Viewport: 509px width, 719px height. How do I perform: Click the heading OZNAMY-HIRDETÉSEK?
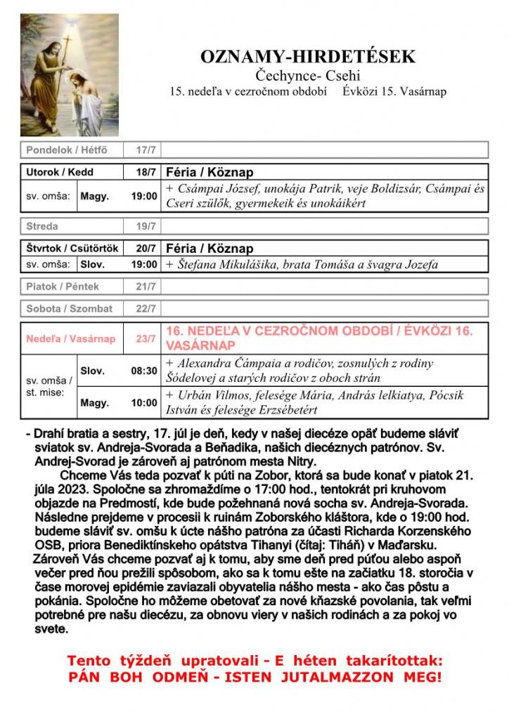[x=308, y=57]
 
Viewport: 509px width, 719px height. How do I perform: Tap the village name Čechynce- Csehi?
[x=308, y=75]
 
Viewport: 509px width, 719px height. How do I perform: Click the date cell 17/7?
[x=146, y=150]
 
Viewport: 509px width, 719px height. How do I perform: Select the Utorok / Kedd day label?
[x=60, y=172]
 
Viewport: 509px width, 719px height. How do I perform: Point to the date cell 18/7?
[x=146, y=172]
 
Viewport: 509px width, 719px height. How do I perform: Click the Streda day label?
[x=42, y=227]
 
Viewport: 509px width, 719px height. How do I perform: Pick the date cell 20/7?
[x=146, y=249]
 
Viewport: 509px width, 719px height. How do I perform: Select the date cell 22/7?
[x=146, y=308]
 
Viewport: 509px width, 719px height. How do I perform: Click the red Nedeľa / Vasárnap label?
[x=70, y=338]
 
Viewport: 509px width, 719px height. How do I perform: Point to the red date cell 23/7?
[x=146, y=338]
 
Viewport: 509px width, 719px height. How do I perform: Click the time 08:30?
[x=144, y=371]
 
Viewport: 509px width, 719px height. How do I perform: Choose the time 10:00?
[x=144, y=403]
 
